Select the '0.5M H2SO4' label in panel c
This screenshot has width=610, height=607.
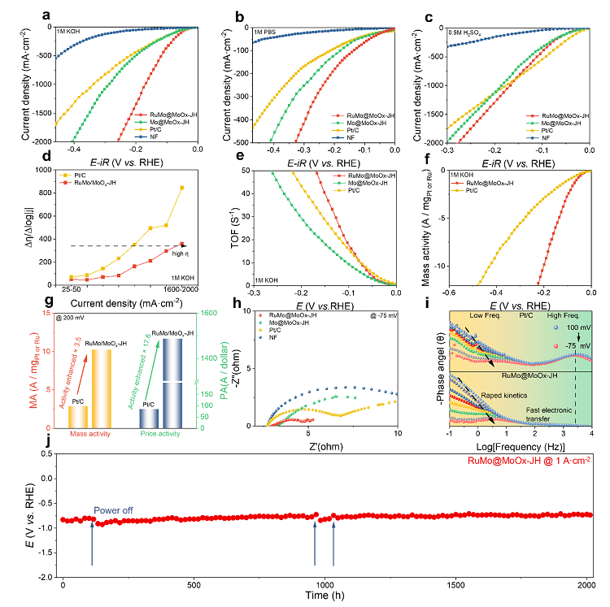pyautogui.click(x=464, y=32)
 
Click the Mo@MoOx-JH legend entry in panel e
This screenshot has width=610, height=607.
pyautogui.click(x=369, y=183)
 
